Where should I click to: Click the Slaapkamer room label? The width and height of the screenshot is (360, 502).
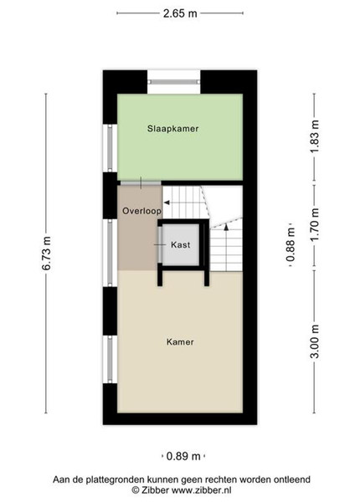[173, 129]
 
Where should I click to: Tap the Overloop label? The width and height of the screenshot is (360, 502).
[141, 211]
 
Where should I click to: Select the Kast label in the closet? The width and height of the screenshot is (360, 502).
[181, 245]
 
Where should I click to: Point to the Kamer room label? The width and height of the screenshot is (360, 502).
[180, 342]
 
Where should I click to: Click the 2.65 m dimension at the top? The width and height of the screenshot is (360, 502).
[180, 13]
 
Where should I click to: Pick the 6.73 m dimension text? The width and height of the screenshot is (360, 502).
[46, 254]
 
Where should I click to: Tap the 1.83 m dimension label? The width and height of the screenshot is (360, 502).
[315, 136]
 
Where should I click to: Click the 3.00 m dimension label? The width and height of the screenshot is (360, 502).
[315, 341]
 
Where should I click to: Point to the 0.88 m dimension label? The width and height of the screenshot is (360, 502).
[291, 244]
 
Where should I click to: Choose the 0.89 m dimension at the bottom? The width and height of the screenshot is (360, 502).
[183, 456]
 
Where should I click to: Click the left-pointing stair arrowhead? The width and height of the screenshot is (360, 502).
[167, 202]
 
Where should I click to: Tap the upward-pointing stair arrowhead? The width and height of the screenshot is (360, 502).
[226, 227]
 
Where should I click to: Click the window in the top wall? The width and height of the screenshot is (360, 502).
[174, 82]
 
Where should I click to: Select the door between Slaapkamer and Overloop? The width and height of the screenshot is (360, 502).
[141, 182]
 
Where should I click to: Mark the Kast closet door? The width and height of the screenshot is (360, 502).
[160, 244]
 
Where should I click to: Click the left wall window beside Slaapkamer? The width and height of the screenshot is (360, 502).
[110, 147]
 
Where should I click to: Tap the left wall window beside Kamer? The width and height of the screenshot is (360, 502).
[110, 359]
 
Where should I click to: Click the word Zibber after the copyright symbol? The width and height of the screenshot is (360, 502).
[155, 490]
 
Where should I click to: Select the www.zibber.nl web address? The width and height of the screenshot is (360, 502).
[202, 490]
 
